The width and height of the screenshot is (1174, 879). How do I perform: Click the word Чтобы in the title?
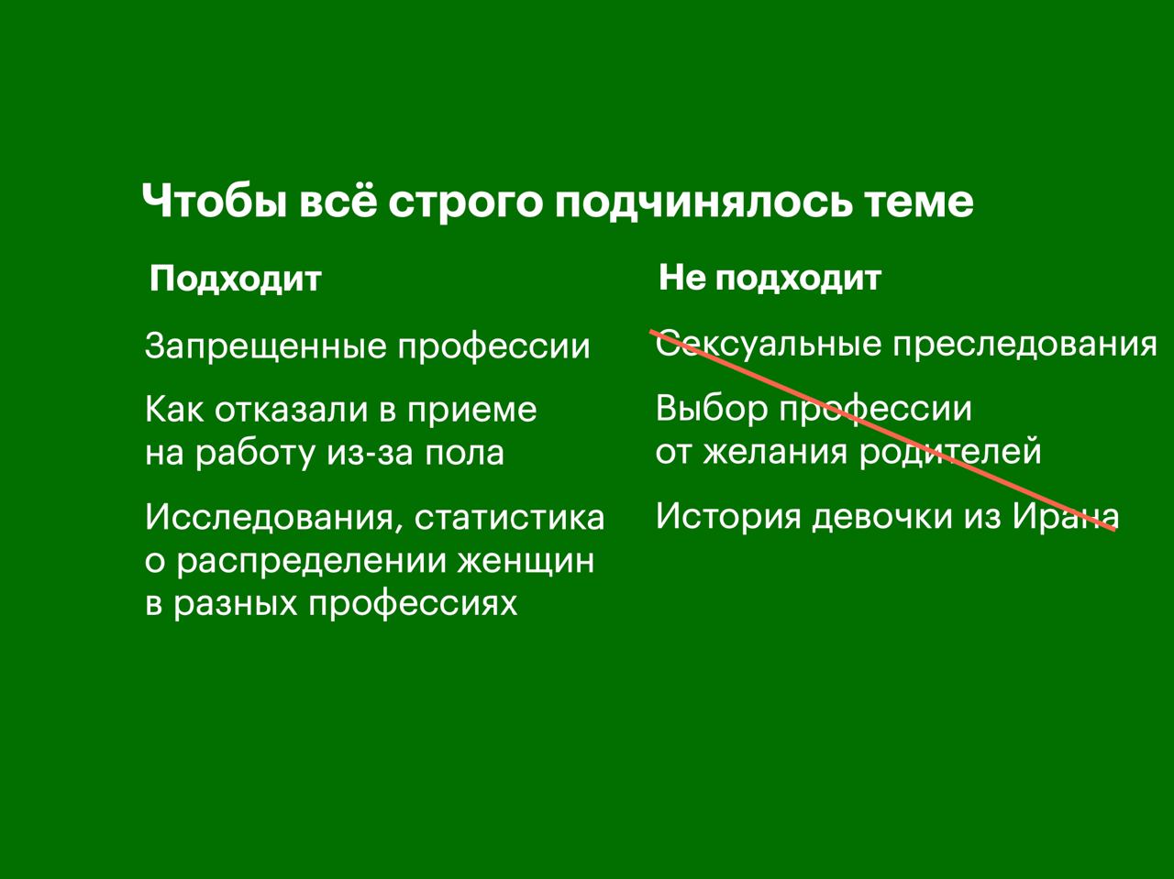214,201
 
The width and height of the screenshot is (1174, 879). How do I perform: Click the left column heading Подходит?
236,280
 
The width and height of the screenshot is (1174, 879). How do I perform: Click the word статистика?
509,518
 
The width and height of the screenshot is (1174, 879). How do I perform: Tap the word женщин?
526,562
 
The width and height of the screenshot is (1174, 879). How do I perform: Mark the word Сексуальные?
769,344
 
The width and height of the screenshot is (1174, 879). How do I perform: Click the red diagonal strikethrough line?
882,431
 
